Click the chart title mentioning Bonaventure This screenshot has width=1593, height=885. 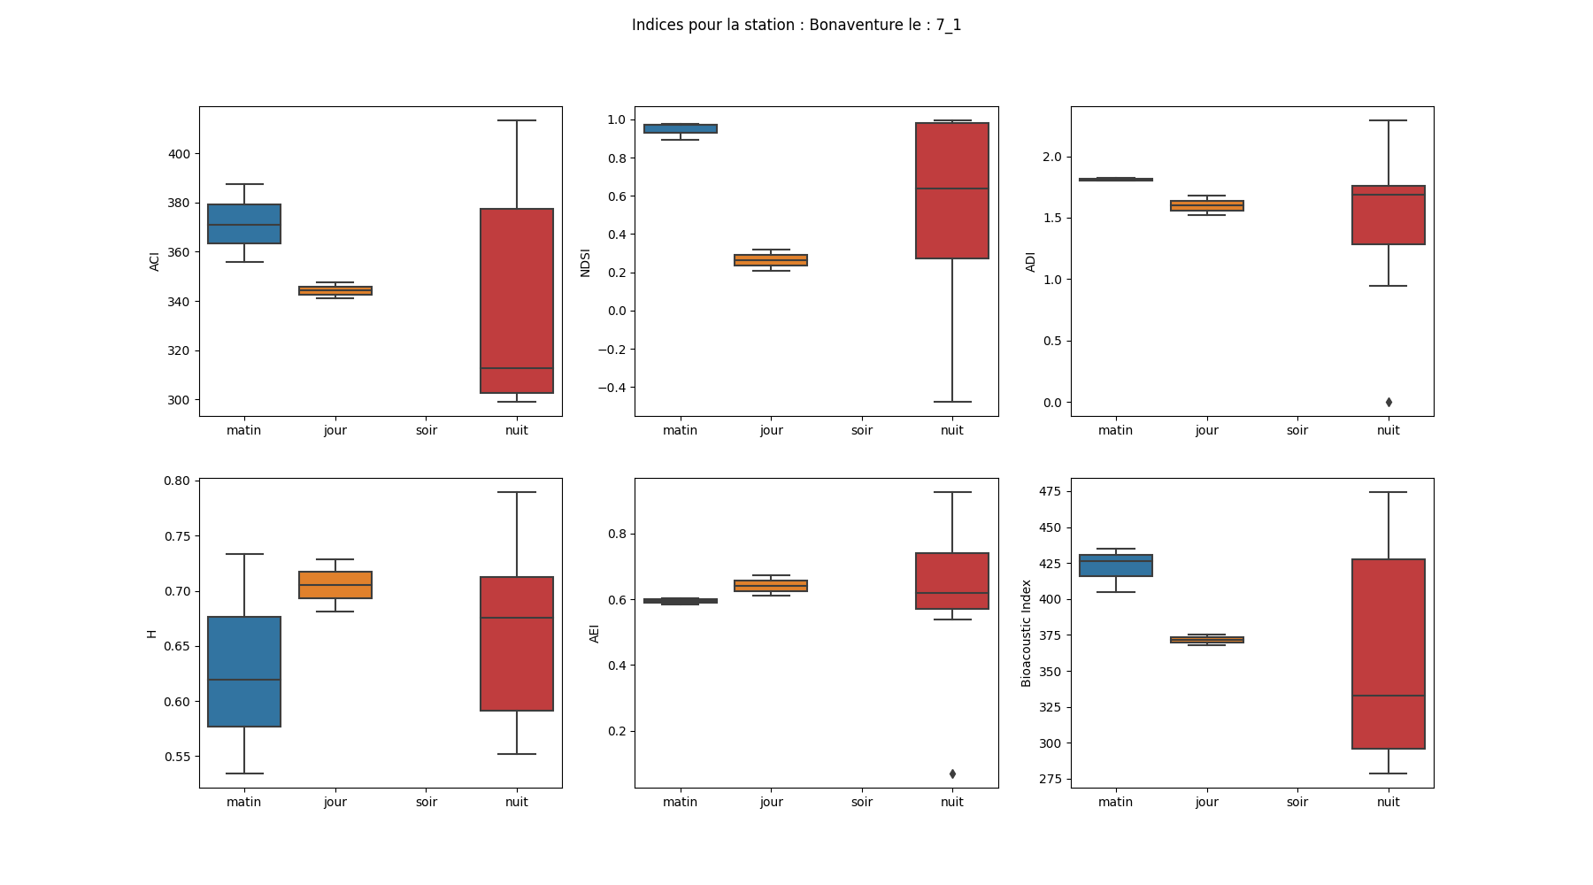click(796, 25)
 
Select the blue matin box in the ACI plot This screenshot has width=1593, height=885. click(244, 224)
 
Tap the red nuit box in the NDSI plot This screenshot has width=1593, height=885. click(952, 190)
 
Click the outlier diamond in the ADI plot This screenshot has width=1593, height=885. click(1389, 403)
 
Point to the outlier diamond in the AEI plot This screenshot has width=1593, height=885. click(952, 774)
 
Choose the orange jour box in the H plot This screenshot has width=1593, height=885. click(335, 585)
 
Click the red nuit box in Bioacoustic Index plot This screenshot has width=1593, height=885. click(1389, 654)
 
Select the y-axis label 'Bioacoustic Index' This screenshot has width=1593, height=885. click(1027, 633)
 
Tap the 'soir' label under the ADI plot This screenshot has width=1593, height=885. click(1297, 431)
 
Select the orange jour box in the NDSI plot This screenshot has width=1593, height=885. click(771, 260)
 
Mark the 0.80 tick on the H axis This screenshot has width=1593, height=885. click(177, 481)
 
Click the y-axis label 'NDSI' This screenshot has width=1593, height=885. click(585, 262)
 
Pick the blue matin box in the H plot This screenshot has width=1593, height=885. click(244, 672)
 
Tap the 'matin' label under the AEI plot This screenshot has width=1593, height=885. click(680, 803)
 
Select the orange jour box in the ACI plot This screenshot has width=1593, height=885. click(335, 290)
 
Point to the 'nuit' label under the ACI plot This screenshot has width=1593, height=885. click(517, 431)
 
